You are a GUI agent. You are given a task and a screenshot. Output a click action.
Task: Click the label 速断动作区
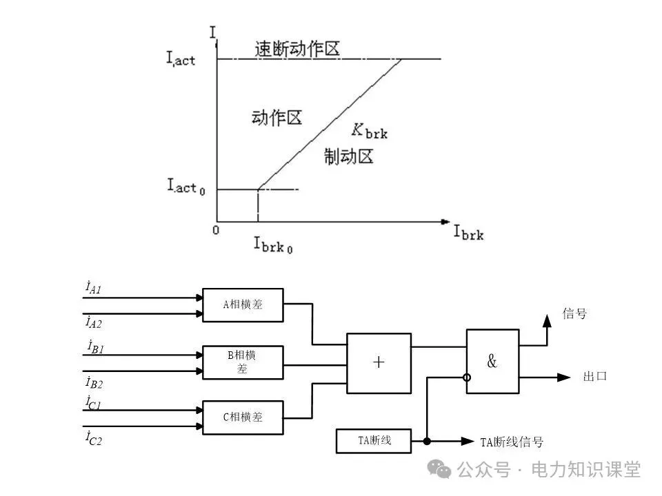(x=297, y=50)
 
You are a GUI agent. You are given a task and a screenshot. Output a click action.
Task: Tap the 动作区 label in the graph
(x=277, y=118)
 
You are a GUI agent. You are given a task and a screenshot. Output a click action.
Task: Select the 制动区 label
(x=349, y=157)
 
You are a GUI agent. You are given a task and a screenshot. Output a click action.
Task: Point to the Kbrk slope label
(x=370, y=130)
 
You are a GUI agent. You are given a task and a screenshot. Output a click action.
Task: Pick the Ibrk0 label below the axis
(x=273, y=244)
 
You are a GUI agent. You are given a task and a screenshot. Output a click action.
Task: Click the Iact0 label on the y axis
(x=185, y=186)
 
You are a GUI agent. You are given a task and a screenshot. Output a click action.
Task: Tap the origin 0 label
(x=216, y=230)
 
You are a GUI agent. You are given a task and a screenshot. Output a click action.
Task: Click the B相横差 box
(x=243, y=362)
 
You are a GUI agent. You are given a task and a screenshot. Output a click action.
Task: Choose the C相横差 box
(x=243, y=417)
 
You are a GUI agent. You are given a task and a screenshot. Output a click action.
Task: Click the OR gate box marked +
(x=379, y=363)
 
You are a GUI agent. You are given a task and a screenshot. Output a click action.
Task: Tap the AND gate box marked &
(x=492, y=362)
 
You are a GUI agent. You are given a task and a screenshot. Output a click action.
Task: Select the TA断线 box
(x=373, y=440)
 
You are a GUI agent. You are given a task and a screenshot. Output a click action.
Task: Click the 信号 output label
(x=574, y=314)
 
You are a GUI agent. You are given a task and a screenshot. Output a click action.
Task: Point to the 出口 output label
(x=595, y=377)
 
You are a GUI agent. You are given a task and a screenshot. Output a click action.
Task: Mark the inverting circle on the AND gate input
(x=467, y=378)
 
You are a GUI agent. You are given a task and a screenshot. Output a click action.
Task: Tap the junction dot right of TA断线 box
(x=428, y=441)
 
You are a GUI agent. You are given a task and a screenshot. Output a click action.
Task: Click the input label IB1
(x=95, y=347)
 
